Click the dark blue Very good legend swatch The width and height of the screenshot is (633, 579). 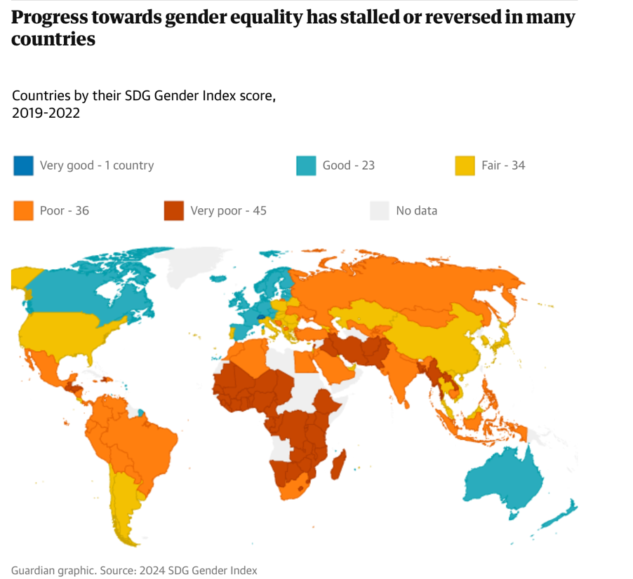point(23,165)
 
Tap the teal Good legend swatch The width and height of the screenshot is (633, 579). point(306,165)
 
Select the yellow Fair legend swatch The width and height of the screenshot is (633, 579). point(465,165)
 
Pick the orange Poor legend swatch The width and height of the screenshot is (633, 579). point(23,210)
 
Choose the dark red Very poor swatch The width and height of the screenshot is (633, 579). point(173,210)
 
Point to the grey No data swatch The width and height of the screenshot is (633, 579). point(379,210)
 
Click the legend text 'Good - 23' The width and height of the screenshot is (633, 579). point(348,165)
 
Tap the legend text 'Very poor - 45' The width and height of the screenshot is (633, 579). point(228,210)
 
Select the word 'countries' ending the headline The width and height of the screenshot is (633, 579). point(53,39)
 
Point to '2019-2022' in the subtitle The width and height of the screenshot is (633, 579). point(46,112)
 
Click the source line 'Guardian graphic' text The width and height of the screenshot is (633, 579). point(53,570)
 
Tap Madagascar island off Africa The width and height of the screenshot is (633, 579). point(338,466)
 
